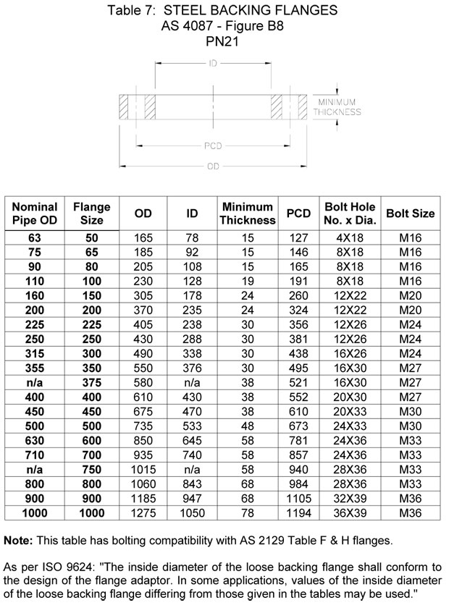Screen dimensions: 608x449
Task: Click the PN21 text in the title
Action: tap(223, 41)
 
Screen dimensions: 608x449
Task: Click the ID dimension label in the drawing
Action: tap(214, 64)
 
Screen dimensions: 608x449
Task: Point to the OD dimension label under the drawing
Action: tap(213, 166)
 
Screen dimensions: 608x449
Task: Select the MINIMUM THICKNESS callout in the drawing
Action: tap(339, 107)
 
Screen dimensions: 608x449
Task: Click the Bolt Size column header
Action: tap(410, 214)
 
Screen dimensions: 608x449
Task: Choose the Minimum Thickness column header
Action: tap(248, 214)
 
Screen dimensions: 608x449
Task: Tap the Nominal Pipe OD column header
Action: tap(35, 214)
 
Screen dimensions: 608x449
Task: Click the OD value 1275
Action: tap(143, 513)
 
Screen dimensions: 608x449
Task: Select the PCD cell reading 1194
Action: tap(298, 513)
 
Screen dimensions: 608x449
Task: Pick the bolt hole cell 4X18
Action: tap(349, 237)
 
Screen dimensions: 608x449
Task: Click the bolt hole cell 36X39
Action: tap(349, 513)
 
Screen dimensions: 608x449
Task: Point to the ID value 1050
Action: tap(193, 513)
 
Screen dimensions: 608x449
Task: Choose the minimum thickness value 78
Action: tap(248, 513)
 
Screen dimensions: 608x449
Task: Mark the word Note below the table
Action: tap(17, 541)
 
